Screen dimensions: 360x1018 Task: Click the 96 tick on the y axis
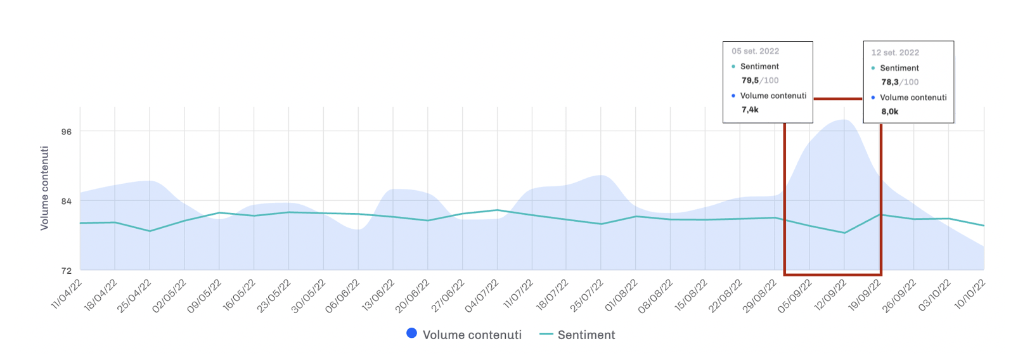point(67,132)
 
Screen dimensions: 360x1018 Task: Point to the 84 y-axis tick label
point(67,202)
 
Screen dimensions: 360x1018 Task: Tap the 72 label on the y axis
point(67,271)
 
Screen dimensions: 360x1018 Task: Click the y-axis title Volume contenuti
point(44,188)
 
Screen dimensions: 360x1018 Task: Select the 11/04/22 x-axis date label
point(67,294)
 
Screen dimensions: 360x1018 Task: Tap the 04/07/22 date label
point(482,295)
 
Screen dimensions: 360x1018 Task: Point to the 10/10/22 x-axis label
point(970,294)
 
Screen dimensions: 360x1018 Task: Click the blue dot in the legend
point(412,333)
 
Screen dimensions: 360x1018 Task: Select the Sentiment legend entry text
point(586,335)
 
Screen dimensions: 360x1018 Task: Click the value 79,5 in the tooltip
point(750,80)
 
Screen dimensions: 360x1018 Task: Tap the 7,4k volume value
point(750,110)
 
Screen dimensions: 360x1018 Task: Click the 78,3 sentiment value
point(890,82)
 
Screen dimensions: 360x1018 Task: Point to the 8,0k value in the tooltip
point(890,112)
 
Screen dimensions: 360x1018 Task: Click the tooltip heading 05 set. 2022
point(755,51)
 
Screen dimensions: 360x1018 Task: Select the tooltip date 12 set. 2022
point(895,53)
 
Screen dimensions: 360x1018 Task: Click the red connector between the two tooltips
point(838,99)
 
